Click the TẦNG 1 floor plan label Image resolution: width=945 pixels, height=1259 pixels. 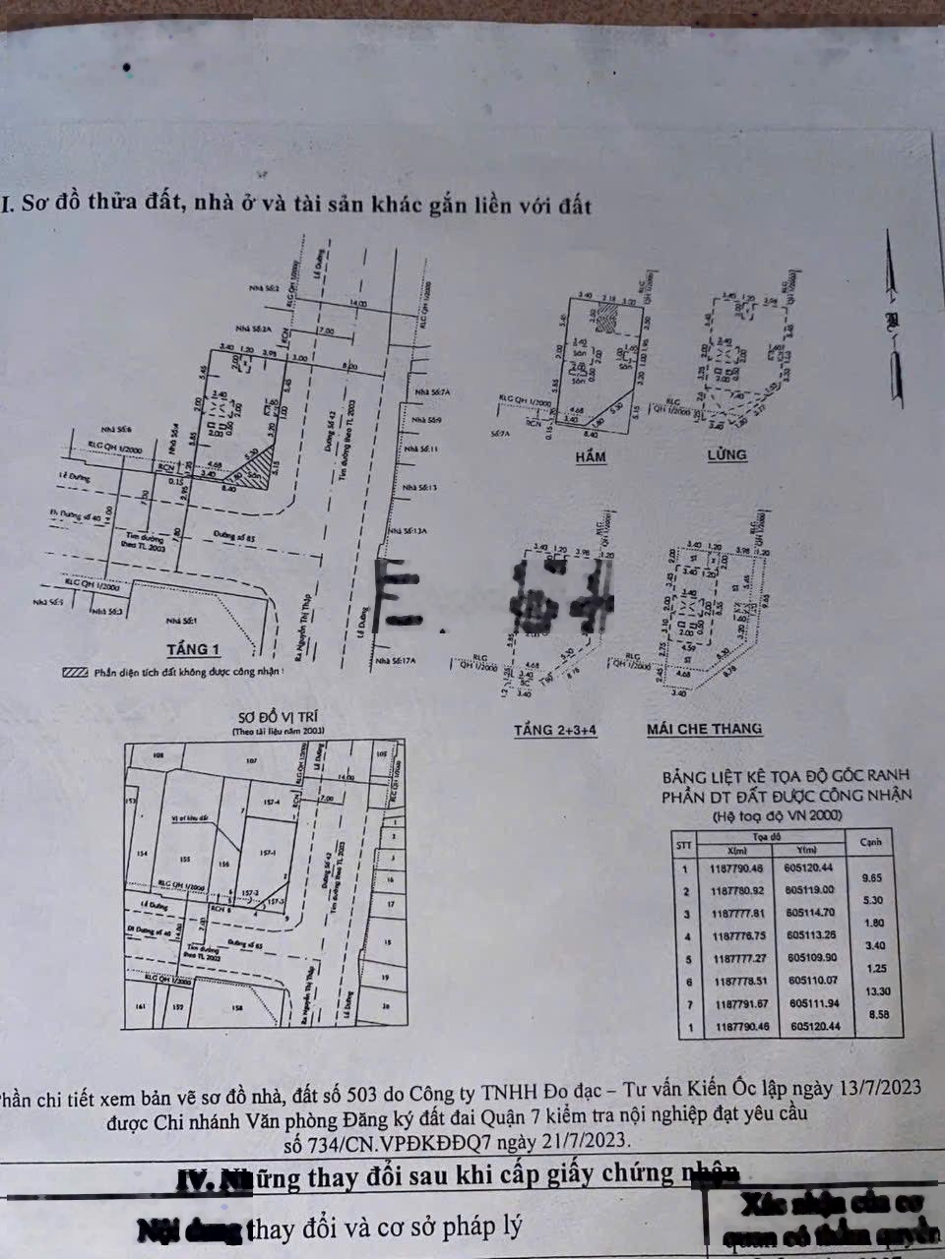click(194, 649)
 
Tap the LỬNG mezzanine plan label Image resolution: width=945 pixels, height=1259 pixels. click(726, 454)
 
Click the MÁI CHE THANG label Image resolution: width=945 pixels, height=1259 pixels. click(704, 729)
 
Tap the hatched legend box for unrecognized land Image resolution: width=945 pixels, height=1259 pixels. click(75, 674)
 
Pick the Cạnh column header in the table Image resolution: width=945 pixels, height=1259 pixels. click(870, 842)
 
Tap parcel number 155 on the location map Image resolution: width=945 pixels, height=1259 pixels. click(185, 858)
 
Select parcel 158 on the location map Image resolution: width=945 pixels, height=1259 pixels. click(236, 1008)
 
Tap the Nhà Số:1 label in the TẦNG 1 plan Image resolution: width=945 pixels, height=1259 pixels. click(182, 621)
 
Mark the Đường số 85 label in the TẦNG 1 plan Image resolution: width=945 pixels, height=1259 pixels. click(233, 536)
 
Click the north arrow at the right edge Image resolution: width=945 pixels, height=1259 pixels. click(893, 315)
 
